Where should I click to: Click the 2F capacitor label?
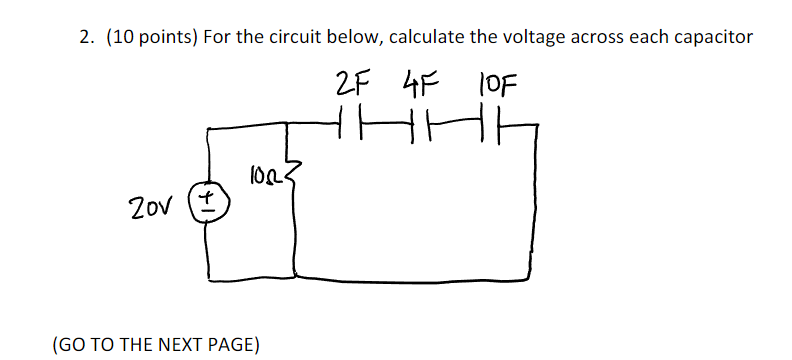tap(352, 80)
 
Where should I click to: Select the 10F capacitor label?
tap(497, 80)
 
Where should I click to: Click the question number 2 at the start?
tap(86, 38)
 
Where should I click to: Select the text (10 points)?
tap(150, 38)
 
